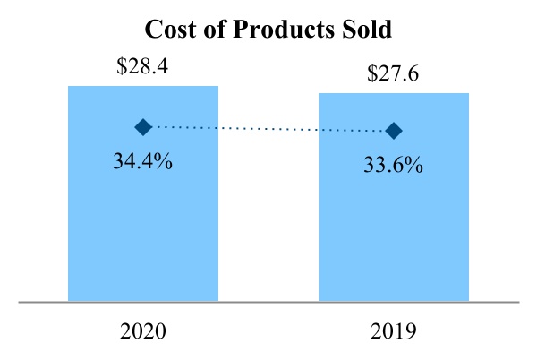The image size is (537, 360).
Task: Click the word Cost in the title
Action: pyautogui.click(x=172, y=29)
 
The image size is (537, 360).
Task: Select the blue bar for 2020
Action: pyautogui.click(x=143, y=224)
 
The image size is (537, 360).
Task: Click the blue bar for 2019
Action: pyautogui.click(x=394, y=224)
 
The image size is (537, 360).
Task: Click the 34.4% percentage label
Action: pyautogui.click(x=143, y=164)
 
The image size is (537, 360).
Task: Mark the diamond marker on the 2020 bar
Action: pyautogui.click(x=143, y=127)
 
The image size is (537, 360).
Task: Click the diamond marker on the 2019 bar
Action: pyautogui.click(x=394, y=131)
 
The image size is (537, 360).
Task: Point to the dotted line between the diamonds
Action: pyautogui.click(x=268, y=129)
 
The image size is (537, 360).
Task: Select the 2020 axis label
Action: pyautogui.click(x=143, y=332)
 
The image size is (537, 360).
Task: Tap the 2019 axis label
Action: pyautogui.click(x=394, y=332)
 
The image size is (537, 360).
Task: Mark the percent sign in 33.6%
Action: pyautogui.click(x=413, y=167)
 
